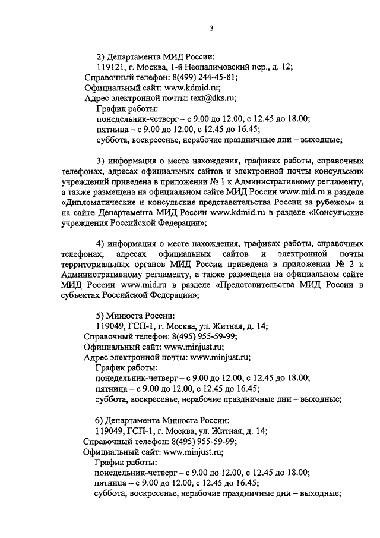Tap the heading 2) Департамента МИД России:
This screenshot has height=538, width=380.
coord(154,56)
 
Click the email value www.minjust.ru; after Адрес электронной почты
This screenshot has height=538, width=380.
coord(220,357)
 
